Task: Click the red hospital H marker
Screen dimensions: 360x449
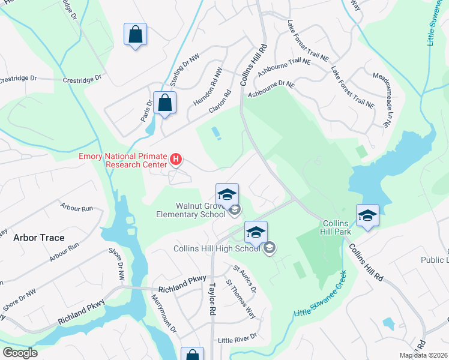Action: (176, 159)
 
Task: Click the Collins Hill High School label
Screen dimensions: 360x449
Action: (217, 248)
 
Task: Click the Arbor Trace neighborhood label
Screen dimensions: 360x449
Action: (39, 238)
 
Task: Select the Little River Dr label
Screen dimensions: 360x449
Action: (237, 337)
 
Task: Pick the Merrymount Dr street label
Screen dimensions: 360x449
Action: (163, 313)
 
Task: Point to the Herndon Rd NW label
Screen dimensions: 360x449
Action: (208, 87)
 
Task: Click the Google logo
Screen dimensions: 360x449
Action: (20, 352)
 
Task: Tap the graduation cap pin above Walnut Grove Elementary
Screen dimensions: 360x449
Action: (227, 194)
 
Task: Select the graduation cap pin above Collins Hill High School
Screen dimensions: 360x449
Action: (256, 233)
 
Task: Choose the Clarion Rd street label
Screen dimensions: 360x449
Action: (220, 102)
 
